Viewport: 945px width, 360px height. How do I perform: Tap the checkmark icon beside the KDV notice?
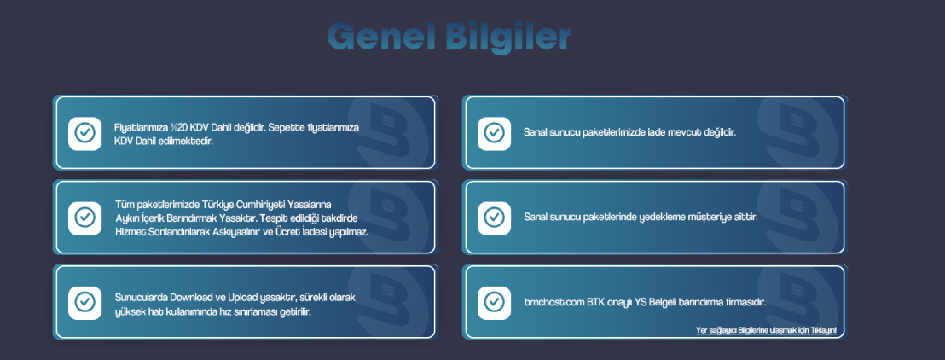(x=85, y=133)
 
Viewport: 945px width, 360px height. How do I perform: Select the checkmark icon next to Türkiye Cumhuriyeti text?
(x=85, y=217)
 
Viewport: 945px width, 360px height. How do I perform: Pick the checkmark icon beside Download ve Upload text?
(x=85, y=302)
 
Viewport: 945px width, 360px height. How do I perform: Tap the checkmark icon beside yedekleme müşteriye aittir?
(x=494, y=217)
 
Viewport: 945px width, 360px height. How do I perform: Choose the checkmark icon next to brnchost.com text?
(x=494, y=302)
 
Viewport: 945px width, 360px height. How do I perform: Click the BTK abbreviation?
(x=596, y=302)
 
